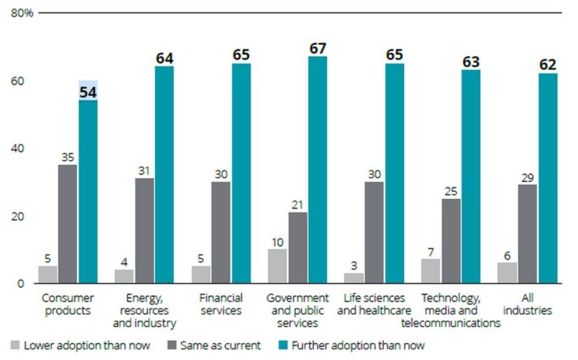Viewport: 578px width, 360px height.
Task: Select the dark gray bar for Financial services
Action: click(x=221, y=232)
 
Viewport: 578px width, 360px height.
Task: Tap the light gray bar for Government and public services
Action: click(x=278, y=265)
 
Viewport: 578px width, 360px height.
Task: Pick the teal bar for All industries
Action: click(x=547, y=177)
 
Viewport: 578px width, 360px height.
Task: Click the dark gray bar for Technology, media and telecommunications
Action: click(x=451, y=241)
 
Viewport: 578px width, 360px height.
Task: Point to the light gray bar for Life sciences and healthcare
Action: click(x=355, y=278)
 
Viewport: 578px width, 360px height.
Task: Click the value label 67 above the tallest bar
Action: click(x=317, y=49)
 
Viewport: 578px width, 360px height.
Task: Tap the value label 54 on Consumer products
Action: click(x=88, y=93)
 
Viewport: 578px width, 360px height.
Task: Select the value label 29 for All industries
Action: click(x=527, y=177)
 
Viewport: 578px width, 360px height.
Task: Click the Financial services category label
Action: click(x=221, y=304)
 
